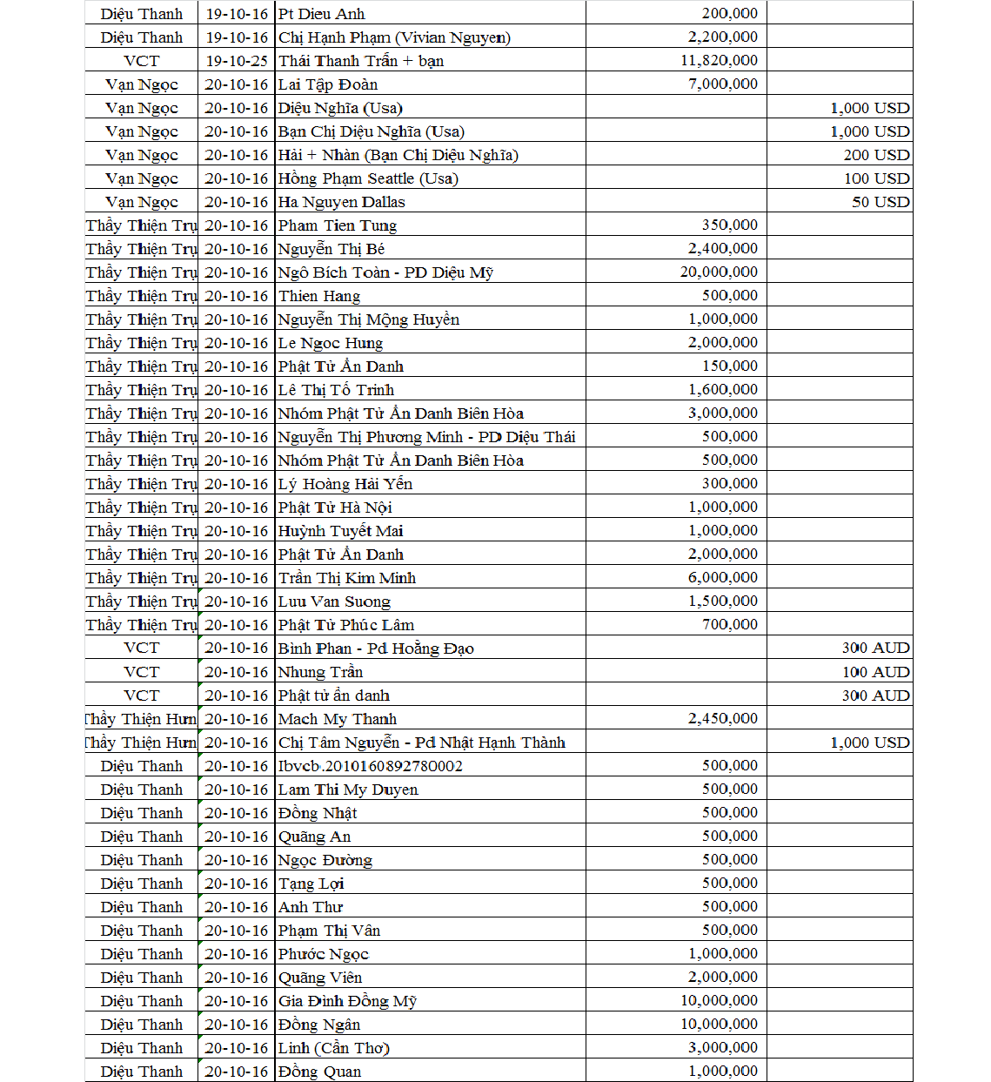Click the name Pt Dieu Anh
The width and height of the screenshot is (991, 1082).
point(322,14)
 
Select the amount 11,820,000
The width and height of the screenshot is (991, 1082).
point(719,60)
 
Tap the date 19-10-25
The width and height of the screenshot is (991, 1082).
point(237,61)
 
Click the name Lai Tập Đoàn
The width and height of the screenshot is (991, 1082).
point(328,84)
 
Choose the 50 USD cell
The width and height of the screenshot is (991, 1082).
point(881,202)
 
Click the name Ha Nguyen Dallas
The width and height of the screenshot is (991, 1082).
point(342,202)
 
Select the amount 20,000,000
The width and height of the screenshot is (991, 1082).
point(719,272)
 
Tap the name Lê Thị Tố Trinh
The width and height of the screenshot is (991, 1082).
point(336,390)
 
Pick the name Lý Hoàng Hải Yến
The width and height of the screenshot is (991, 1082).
point(345,484)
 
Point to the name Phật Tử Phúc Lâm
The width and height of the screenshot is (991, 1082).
point(346,625)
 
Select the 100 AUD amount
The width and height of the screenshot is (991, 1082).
point(875,672)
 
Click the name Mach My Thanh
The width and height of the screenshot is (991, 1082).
point(338,719)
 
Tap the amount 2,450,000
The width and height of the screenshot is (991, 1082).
point(722,718)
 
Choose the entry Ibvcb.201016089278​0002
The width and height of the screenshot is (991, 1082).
point(371,766)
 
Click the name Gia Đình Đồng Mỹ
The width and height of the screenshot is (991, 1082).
point(347,1001)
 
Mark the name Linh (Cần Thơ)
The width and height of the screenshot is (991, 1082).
point(334,1048)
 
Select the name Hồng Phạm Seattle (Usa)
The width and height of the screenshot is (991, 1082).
point(368,178)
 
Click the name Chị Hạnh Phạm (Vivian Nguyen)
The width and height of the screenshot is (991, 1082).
point(394,37)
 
